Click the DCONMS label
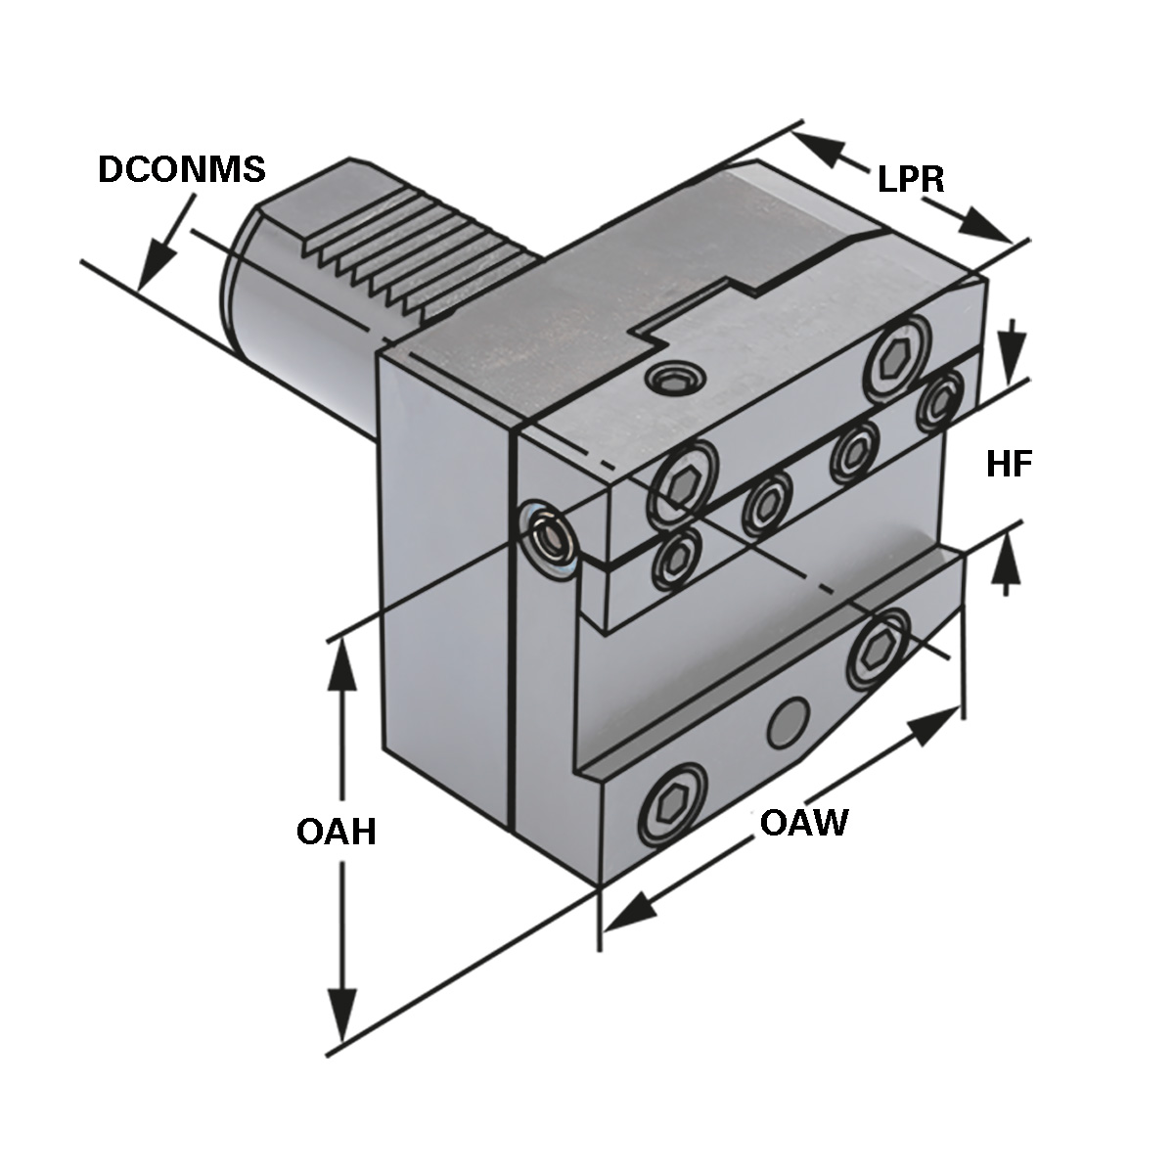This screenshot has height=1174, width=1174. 182,169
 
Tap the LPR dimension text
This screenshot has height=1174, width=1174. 910,179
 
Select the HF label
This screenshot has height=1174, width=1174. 1010,465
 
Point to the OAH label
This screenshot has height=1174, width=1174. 337,833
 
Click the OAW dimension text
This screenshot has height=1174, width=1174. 803,823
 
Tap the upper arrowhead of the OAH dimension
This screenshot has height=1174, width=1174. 342,665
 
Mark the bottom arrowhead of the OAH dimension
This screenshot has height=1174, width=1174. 342,1017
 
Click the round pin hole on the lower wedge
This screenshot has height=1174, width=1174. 789,722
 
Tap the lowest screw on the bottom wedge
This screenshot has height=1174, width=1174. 673,804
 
